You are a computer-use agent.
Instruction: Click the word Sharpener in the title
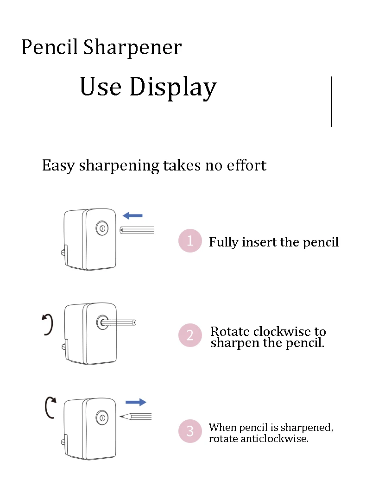(x=133, y=48)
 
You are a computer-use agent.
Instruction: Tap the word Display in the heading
(x=173, y=87)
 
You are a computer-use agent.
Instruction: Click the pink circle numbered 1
(x=190, y=240)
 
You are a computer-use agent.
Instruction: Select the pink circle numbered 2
(x=190, y=335)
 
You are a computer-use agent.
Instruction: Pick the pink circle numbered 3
(x=190, y=431)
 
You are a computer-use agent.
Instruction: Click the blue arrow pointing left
(x=133, y=215)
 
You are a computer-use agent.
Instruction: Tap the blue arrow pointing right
(x=136, y=402)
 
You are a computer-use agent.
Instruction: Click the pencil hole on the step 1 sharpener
(x=102, y=228)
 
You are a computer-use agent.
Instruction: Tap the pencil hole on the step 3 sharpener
(x=102, y=417)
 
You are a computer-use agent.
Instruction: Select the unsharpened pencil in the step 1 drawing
(x=137, y=230)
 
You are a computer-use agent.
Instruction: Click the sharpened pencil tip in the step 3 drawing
(x=125, y=416)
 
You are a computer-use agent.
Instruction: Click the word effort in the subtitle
(x=246, y=165)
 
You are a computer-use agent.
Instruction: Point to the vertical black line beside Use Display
(x=332, y=101)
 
